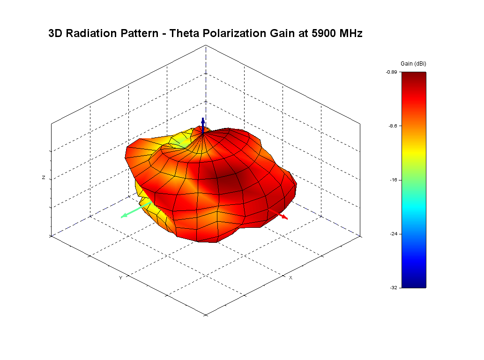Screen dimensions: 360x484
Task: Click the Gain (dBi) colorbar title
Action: click(x=413, y=63)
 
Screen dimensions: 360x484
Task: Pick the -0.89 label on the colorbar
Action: click(x=391, y=72)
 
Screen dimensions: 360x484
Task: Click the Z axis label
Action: click(x=44, y=178)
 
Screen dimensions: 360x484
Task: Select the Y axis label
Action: click(x=120, y=278)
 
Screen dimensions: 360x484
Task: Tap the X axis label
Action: click(x=290, y=278)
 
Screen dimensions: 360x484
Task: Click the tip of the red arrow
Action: click(x=287, y=218)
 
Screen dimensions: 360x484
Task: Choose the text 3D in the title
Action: click(x=56, y=34)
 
